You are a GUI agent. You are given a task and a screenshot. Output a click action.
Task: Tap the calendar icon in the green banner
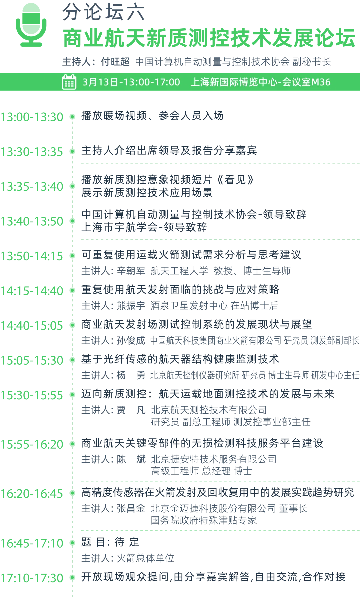tap(69, 82)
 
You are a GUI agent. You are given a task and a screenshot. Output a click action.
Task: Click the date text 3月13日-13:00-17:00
tap(131, 82)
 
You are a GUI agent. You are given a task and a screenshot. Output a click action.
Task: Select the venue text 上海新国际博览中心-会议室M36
tap(260, 82)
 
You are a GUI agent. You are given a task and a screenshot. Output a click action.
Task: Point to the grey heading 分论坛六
tap(104, 12)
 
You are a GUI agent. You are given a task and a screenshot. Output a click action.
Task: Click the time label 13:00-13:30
tap(32, 117)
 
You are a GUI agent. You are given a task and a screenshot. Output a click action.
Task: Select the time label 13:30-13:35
tap(32, 152)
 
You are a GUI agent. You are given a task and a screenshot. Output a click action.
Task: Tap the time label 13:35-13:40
tap(32, 187)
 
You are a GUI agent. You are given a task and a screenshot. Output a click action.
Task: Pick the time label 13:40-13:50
tap(32, 221)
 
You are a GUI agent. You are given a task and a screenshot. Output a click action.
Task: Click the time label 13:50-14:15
tap(32, 256)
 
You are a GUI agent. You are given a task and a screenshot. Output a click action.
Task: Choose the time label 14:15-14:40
tap(32, 291)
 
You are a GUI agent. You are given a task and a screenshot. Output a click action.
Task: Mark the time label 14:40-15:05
tap(32, 325)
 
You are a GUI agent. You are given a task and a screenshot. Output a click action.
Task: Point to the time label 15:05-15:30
tap(32, 360)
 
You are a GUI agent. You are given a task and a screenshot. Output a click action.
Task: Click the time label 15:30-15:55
tap(32, 395)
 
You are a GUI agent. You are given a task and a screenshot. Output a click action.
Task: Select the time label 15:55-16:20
tap(32, 444)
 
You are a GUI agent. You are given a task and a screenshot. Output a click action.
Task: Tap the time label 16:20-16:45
tap(32, 493)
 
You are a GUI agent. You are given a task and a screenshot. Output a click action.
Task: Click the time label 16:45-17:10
tap(32, 544)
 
